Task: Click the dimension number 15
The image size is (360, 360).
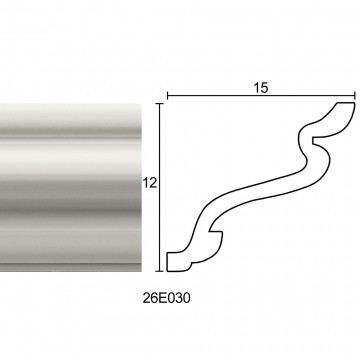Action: tap(261, 88)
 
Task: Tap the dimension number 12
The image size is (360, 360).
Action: tap(150, 183)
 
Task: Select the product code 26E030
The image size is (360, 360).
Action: tap(167, 298)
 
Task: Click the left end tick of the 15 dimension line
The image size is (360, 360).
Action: tap(167, 96)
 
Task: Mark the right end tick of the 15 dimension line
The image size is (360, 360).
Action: tap(355, 96)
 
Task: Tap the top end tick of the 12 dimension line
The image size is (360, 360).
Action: tap(160, 104)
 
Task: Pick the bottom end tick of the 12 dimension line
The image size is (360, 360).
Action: tap(160, 271)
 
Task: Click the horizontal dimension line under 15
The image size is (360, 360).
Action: tap(261, 96)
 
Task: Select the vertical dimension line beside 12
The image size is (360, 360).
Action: tap(160, 187)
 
